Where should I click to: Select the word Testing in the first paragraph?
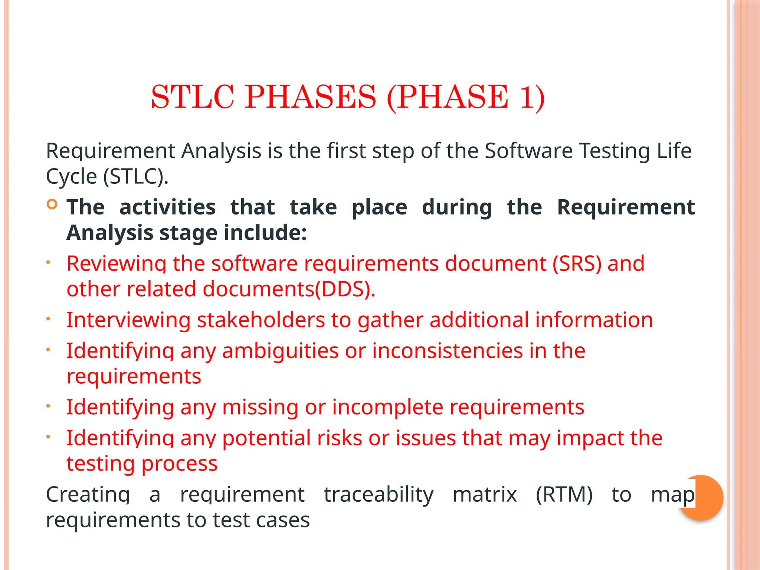tap(615, 151)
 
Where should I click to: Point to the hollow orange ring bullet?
tap(52, 204)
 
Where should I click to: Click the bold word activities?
tap(167, 207)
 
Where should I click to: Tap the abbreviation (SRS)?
tap(577, 264)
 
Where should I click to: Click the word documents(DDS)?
tap(289, 289)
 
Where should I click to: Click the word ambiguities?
tap(280, 351)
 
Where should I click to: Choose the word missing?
tap(260, 407)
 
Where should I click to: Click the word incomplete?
tap(387, 407)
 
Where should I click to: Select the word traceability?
tap(379, 495)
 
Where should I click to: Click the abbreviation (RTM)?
tap(564, 495)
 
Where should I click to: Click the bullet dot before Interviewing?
tap(48, 319)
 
